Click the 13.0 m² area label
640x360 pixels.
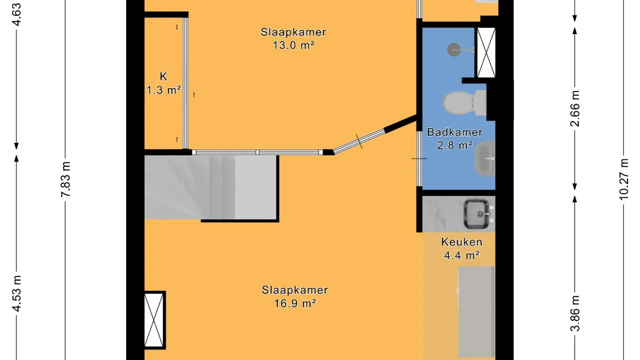click(293, 45)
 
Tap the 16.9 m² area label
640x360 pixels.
click(295, 303)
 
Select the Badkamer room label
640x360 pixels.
click(454, 132)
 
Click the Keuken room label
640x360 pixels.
click(461, 242)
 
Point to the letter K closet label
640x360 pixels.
click(163, 76)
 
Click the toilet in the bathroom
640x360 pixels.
click(464, 103)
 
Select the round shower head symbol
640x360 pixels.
click(453, 49)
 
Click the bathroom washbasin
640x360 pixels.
click(484, 158)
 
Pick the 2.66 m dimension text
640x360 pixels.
click(574, 108)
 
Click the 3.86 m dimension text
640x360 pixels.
click(575, 313)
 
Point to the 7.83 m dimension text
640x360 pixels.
click(65, 179)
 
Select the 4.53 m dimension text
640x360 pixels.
click(16, 293)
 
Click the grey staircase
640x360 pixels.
click(211, 187)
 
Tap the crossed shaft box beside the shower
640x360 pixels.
click(486, 52)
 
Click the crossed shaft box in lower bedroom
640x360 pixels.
click(154, 320)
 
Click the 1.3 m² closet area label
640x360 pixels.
click(163, 90)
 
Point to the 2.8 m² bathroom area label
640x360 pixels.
click(455, 145)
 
